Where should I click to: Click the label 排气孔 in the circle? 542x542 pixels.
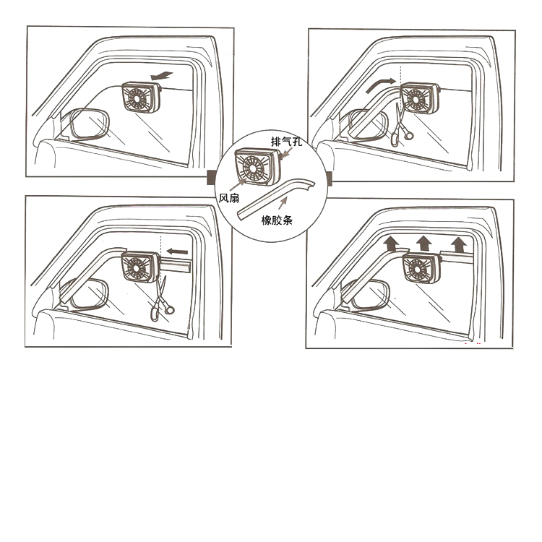coord(286,142)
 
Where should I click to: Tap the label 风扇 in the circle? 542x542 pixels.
coord(229,198)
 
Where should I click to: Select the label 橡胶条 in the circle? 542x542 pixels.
coord(277,220)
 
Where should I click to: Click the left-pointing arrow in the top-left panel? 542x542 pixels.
coord(161,76)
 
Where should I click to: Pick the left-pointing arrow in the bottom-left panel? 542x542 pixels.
coord(177,251)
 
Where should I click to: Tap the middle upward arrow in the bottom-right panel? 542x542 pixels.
coord(423,244)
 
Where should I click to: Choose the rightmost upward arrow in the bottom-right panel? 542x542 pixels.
coord(459,244)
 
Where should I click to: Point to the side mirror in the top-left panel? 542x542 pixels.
coord(90,124)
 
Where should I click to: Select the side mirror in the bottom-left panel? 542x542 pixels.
coord(89,294)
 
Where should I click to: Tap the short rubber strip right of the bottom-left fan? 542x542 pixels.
coord(176,265)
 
